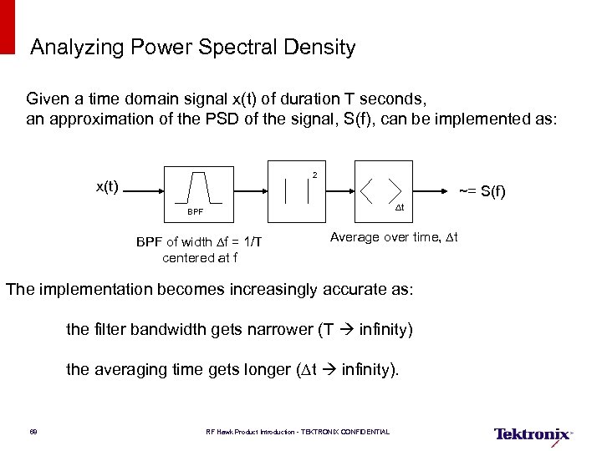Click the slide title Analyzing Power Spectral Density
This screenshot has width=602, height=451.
click(x=192, y=48)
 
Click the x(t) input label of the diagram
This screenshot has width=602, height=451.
click(x=106, y=186)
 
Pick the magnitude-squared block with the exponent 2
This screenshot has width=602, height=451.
click(x=297, y=191)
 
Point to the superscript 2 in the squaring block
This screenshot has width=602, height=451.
click(x=314, y=175)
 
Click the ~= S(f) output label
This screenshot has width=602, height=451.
click(x=482, y=191)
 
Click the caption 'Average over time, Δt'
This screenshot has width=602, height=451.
click(x=394, y=237)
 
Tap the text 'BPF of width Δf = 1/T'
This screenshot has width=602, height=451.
click(x=200, y=242)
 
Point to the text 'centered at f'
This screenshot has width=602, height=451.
click(x=200, y=257)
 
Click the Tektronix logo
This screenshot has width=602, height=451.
click(x=533, y=433)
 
